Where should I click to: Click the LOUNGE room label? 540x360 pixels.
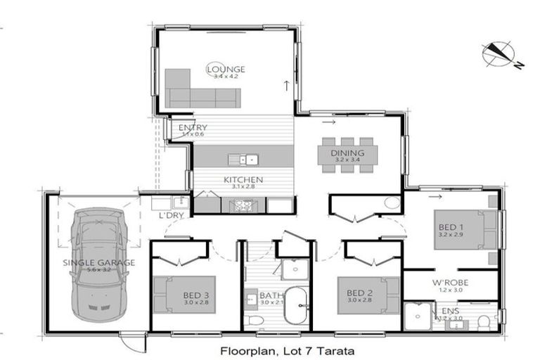click(x=226, y=69)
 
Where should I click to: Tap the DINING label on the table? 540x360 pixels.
click(x=347, y=153)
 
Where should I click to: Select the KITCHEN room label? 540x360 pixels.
click(x=243, y=180)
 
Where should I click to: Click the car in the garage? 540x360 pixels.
click(x=97, y=264)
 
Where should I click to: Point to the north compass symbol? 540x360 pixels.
click(x=499, y=55)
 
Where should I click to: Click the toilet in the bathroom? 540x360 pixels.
click(x=258, y=320)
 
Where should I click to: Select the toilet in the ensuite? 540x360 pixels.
click(x=482, y=321)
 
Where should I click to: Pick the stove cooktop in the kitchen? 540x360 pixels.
click(x=243, y=205)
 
